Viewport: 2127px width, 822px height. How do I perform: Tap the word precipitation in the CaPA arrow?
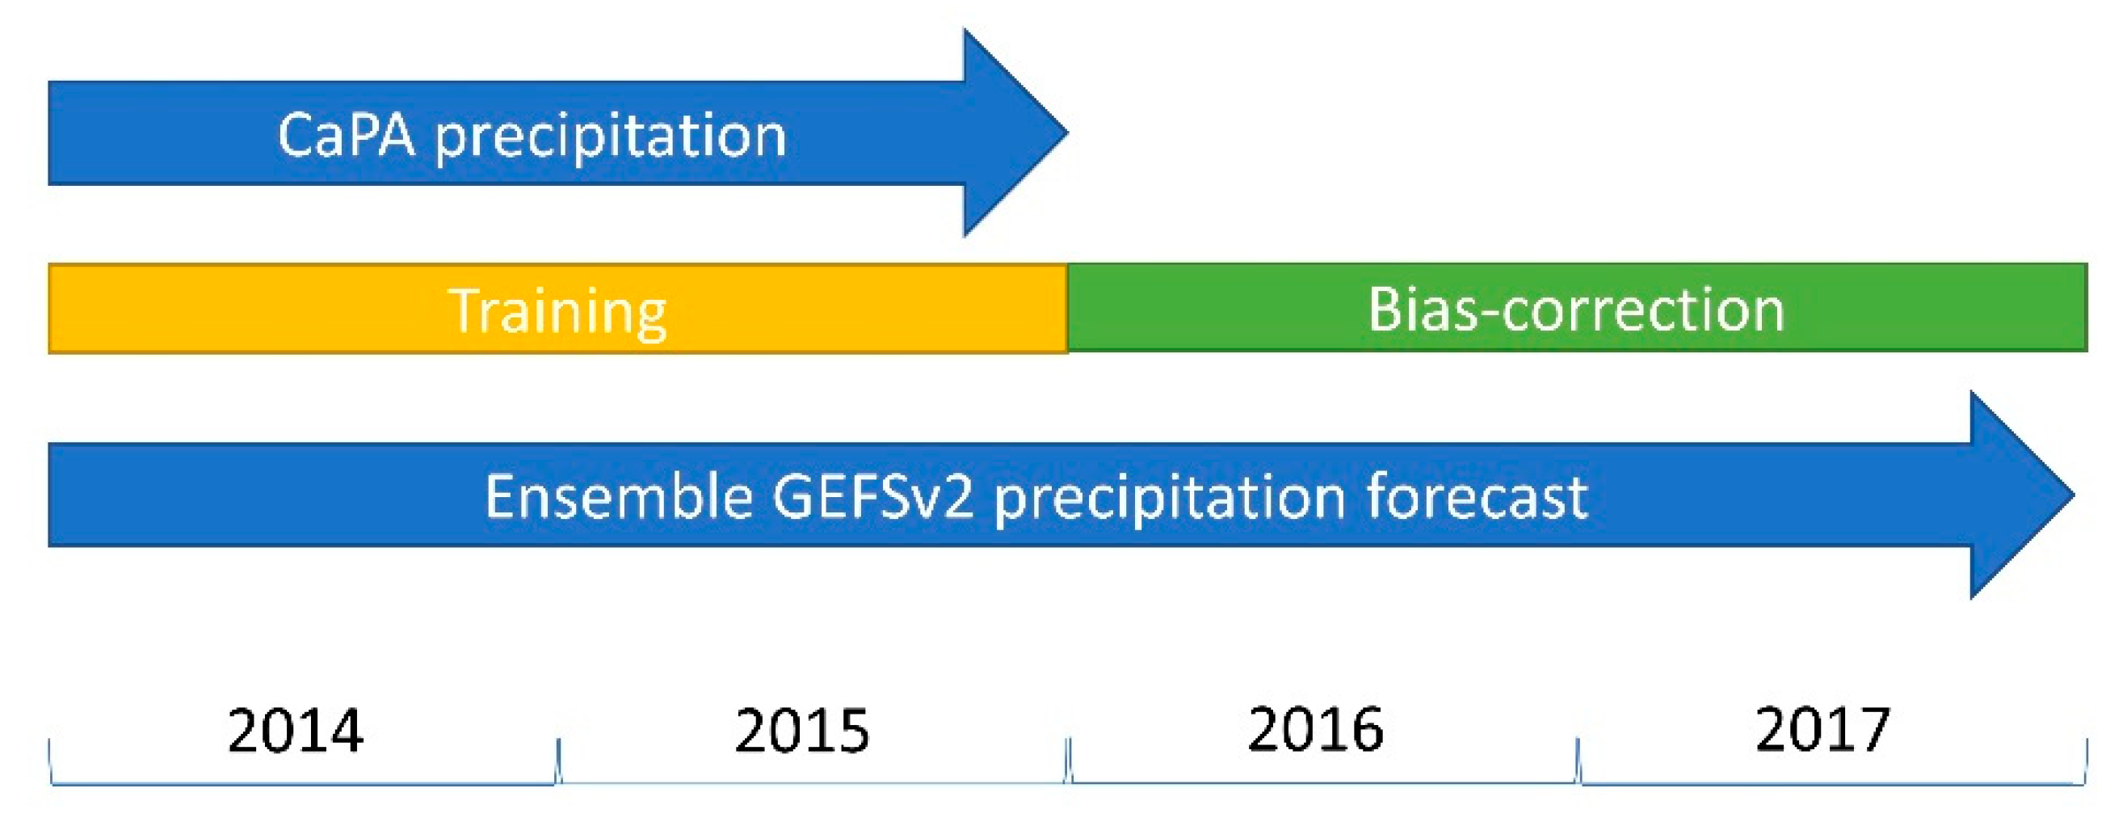(611, 138)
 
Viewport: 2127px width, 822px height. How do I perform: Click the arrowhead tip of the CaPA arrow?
(1068, 132)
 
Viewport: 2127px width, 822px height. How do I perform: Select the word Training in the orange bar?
(558, 312)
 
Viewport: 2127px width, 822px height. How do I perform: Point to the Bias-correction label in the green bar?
(1576, 310)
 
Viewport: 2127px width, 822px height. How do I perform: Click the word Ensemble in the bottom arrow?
(620, 496)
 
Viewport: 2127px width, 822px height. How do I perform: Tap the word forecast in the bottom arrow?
(1478, 496)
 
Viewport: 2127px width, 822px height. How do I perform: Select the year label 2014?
(296, 731)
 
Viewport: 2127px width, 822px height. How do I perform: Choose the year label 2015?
(801, 731)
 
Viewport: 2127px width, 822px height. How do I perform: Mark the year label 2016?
(1315, 730)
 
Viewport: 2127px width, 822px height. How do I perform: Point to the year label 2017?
(1822, 730)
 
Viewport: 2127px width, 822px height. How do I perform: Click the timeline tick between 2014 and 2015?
(559, 760)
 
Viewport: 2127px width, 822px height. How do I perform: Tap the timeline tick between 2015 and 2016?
(1069, 760)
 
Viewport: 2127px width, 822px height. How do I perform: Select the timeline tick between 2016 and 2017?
(1578, 760)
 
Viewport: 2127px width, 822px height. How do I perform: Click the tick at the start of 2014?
(50, 760)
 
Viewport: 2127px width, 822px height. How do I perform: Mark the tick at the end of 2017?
(2087, 760)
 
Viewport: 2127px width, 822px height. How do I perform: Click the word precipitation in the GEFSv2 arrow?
(1170, 500)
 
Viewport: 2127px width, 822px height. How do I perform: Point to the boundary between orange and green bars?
(1068, 308)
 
